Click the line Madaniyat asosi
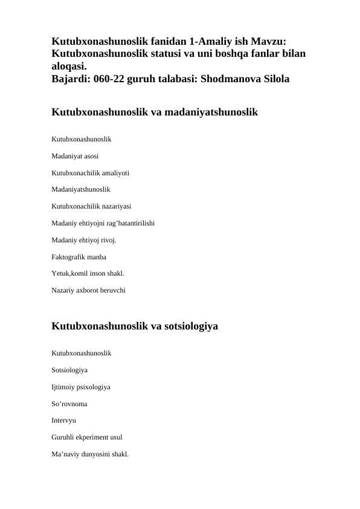[x=76, y=156]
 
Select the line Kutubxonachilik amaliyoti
[x=89, y=173]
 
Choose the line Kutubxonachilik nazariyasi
[x=91, y=206]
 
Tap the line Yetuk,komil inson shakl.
[x=88, y=273]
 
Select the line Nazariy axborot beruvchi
[x=89, y=290]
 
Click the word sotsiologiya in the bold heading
[x=187, y=327]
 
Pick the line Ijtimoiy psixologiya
[x=81, y=386]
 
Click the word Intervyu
[x=64, y=419]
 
